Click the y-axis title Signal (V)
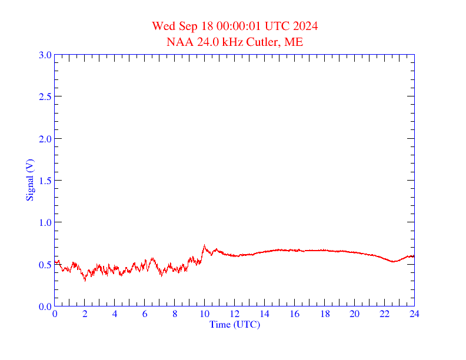point(29,180)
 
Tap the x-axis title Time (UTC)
point(234,325)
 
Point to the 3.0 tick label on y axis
point(45,55)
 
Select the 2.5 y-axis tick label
point(45,97)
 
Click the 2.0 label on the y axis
point(45,139)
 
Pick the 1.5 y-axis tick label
point(45,181)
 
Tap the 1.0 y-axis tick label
point(45,223)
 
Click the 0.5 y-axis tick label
point(45,265)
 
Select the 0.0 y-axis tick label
point(45,306)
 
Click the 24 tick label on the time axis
point(414,315)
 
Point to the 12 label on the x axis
point(234,315)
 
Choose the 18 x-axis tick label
point(324,315)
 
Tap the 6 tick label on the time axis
point(145,315)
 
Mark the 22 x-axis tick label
point(384,315)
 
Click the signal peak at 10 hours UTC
point(204,246)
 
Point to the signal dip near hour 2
point(85,280)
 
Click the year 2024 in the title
point(305,26)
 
